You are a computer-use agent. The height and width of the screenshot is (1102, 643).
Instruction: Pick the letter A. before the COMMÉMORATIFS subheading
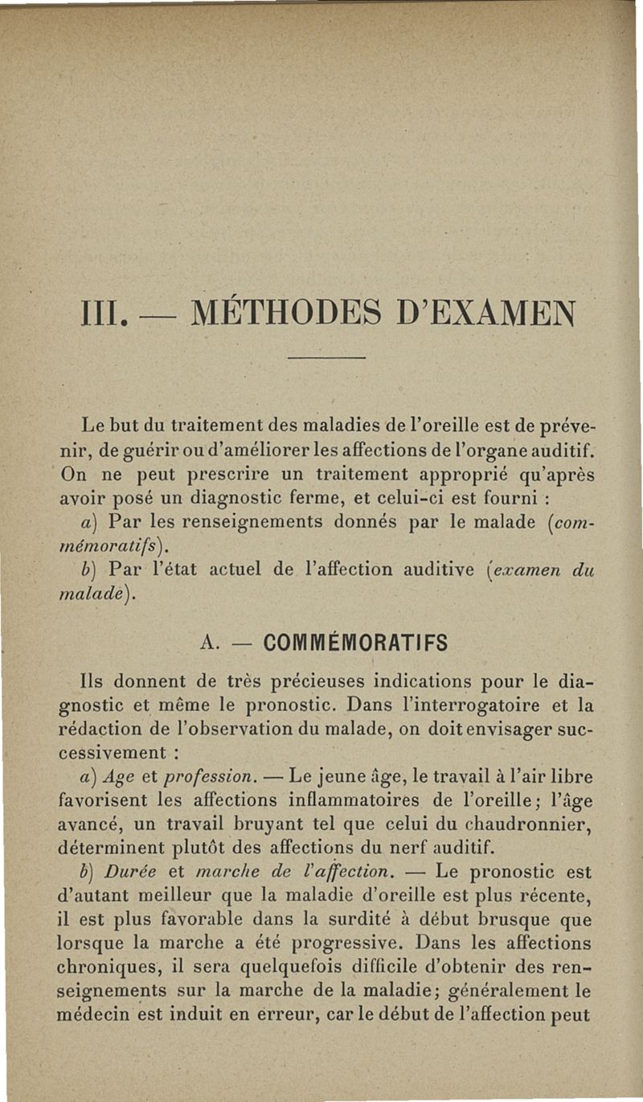click(209, 644)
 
